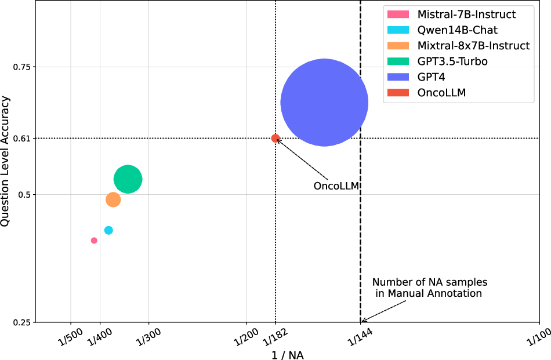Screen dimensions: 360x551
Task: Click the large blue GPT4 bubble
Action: (324, 102)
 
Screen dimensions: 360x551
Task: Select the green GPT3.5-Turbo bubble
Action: (128, 179)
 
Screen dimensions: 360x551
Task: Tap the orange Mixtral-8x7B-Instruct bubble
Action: (113, 199)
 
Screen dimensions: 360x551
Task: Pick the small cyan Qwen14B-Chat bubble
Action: (108, 230)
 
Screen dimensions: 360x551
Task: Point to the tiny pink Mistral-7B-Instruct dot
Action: (94, 241)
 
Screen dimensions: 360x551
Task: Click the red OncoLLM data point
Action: (275, 138)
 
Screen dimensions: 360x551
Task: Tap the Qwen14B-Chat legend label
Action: (457, 30)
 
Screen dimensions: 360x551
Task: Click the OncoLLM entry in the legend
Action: (441, 92)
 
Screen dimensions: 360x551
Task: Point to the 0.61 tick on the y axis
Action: (21, 138)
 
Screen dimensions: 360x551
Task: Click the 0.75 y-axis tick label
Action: (21, 67)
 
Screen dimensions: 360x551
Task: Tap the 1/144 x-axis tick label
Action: (360, 335)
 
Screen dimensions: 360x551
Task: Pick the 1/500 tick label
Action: (70, 335)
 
